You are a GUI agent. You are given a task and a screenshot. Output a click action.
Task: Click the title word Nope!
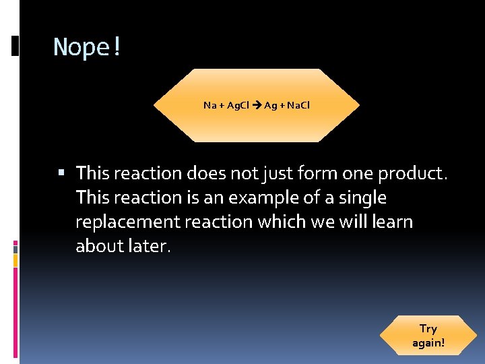(x=87, y=47)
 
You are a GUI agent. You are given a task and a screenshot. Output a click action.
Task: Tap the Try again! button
(x=428, y=336)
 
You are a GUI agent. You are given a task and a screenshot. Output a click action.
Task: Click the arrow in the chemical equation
(x=257, y=105)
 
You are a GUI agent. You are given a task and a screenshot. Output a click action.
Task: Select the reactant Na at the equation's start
(x=209, y=105)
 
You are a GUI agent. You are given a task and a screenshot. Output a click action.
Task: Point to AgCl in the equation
(x=238, y=105)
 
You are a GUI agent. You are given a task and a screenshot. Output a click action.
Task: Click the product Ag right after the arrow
(x=270, y=105)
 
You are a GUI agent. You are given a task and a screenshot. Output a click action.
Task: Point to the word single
(x=362, y=198)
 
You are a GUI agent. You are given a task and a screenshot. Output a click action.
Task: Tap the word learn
(x=391, y=222)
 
